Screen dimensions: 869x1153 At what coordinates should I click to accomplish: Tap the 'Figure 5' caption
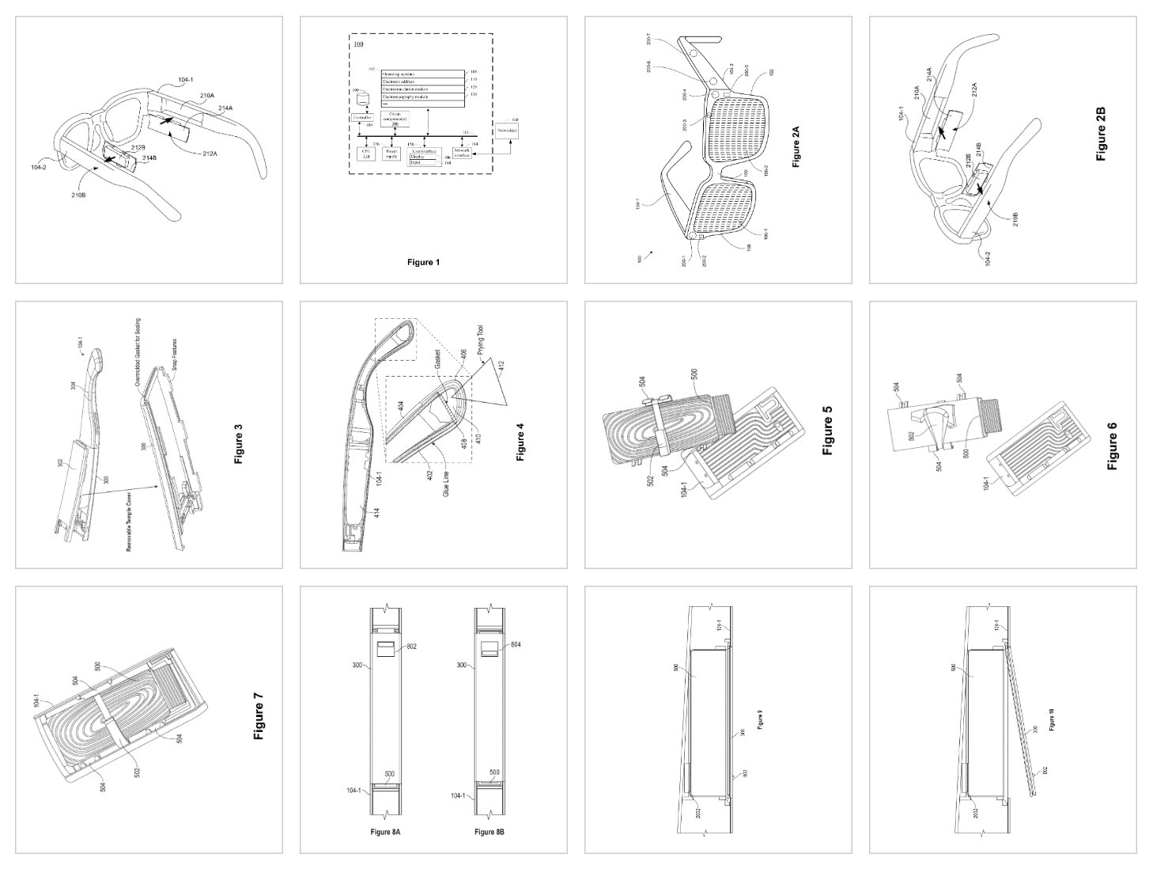pyautogui.click(x=828, y=430)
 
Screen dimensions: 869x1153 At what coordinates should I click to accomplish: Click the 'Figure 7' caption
pyautogui.click(x=259, y=716)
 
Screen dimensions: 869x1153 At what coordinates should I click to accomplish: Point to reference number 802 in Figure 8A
pyautogui.click(x=410, y=647)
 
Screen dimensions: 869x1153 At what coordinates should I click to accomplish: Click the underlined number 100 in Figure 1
pyautogui.click(x=359, y=45)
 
